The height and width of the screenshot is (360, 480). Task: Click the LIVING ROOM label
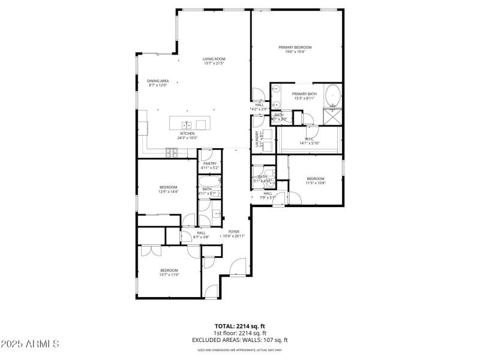(x=214, y=59)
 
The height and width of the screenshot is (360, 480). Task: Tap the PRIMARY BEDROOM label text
(x=295, y=47)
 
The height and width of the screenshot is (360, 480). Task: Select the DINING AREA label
(x=158, y=81)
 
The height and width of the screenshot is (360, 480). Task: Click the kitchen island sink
(x=187, y=124)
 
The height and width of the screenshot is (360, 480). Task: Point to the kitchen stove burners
(x=172, y=152)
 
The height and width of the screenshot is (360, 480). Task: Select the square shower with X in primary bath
(x=332, y=116)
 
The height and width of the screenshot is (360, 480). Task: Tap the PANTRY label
(x=209, y=163)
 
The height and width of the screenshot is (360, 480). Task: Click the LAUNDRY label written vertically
(x=256, y=139)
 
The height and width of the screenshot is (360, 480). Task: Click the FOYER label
(x=233, y=232)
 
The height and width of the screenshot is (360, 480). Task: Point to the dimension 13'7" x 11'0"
(x=170, y=275)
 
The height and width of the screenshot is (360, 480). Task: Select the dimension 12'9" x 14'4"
(x=168, y=192)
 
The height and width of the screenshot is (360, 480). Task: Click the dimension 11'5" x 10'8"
(x=316, y=183)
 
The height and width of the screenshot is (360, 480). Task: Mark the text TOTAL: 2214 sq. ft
(x=240, y=326)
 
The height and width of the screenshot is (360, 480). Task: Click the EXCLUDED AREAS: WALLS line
(x=240, y=340)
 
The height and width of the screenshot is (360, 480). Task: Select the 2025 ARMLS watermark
(x=30, y=344)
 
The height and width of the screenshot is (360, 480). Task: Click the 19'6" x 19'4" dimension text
(x=295, y=52)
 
